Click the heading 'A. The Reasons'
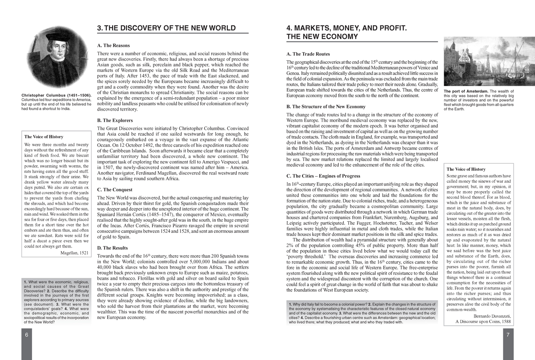[x=114, y=46]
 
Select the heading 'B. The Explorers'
[x=115, y=120]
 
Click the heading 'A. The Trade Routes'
[x=308, y=54]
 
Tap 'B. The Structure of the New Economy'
[x=326, y=107]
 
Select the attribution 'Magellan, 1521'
[x=74, y=252]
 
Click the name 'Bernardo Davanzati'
[x=483, y=316]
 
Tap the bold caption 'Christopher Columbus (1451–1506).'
[x=57, y=96]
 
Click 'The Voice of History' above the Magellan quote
[x=44, y=137]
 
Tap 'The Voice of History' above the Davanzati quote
[x=466, y=169]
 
